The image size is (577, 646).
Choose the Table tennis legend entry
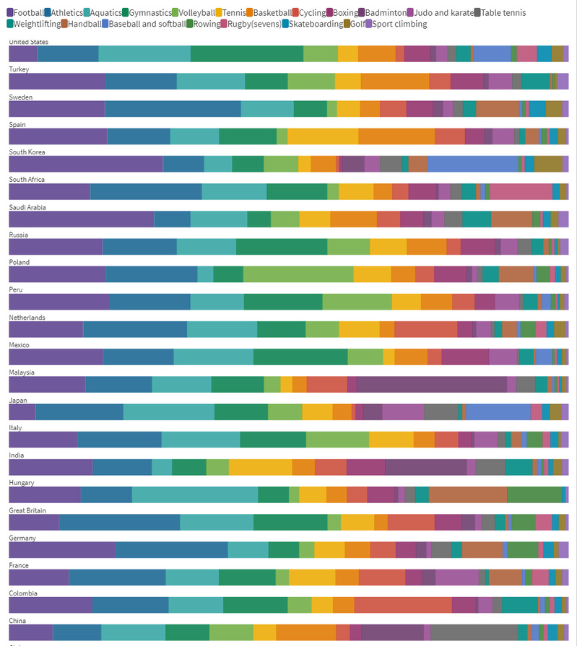coord(503,13)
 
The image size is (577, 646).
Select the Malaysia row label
coord(22,372)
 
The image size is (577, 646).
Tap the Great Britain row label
coord(27,510)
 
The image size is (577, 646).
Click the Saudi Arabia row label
coord(27,207)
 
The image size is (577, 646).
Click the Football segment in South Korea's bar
coord(85,164)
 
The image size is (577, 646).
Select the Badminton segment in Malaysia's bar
coord(431,384)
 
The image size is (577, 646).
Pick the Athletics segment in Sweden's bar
coord(173,108)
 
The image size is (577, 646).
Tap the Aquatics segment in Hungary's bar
coord(194,494)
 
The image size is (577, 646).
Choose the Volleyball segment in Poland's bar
coord(298,274)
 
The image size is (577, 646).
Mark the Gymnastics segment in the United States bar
coord(246,53)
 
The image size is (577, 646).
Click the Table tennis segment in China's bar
coord(474,632)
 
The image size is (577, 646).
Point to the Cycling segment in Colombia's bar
coord(402,605)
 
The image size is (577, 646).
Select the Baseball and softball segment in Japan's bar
coord(498,411)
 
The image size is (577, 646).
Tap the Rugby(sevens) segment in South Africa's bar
coord(520,191)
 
